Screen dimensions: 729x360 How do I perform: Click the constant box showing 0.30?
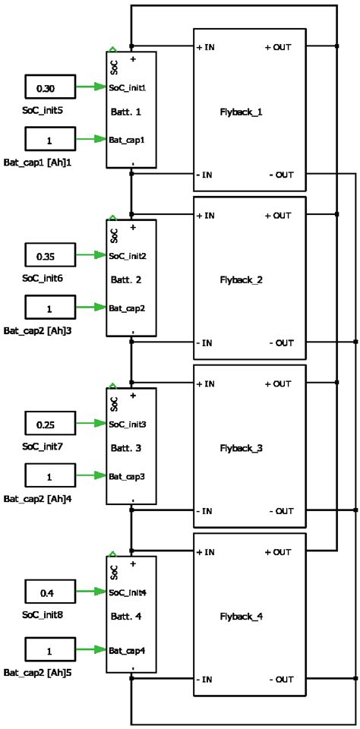(x=49, y=88)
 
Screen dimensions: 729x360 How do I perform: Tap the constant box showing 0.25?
(x=49, y=424)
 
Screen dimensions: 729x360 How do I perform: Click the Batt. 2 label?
(x=125, y=280)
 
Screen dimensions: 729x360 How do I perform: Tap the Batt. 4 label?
(x=125, y=617)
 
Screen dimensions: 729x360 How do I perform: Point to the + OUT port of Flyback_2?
(x=278, y=216)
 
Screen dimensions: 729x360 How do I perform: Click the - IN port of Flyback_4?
(x=206, y=680)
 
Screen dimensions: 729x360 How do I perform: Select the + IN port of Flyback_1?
(x=207, y=47)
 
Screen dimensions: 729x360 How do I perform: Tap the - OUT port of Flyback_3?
(x=281, y=511)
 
